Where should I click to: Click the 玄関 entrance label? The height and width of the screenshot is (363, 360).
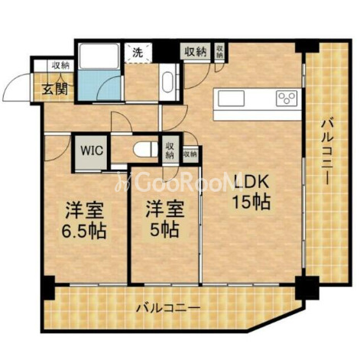54,89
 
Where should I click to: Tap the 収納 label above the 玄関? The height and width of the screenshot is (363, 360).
60,66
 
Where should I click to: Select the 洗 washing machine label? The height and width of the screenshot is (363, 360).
137,53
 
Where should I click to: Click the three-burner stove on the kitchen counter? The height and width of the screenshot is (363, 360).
287,98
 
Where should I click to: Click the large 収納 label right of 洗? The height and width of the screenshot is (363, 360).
195,52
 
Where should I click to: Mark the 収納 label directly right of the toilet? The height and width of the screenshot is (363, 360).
170,148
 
